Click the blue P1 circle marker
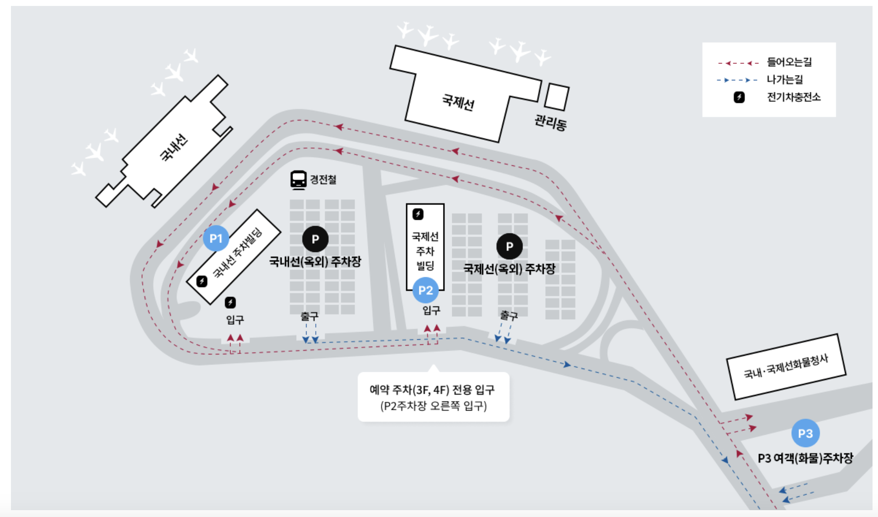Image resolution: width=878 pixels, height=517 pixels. (x=216, y=238)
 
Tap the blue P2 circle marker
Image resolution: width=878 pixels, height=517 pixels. (x=425, y=290)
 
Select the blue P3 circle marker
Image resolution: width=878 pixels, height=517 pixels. (x=805, y=433)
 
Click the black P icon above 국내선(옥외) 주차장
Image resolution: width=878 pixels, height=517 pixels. (x=315, y=239)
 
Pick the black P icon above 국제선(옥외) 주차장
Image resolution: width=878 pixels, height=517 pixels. (x=509, y=247)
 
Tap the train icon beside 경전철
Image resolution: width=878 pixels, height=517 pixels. (x=298, y=179)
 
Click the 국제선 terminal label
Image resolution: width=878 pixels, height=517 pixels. (x=458, y=102)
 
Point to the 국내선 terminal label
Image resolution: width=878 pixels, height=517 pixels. (x=174, y=147)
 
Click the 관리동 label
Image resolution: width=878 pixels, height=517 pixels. (x=550, y=122)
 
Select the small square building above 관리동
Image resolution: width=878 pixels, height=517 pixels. (x=557, y=96)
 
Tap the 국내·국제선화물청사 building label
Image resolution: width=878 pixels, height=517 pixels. (x=786, y=367)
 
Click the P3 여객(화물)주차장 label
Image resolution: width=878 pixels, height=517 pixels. (x=805, y=458)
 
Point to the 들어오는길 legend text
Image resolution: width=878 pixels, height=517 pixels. (x=789, y=62)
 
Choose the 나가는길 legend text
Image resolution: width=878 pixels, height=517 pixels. (x=784, y=79)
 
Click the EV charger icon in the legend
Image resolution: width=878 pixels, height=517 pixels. (x=739, y=97)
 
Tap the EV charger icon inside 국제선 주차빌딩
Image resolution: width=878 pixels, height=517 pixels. (x=418, y=214)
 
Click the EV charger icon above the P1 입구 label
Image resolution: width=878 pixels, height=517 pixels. (x=230, y=302)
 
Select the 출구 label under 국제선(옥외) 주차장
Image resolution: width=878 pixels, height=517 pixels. (x=509, y=315)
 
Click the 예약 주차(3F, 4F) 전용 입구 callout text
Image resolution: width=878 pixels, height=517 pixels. (x=432, y=390)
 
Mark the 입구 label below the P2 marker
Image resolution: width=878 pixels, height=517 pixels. (x=431, y=311)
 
